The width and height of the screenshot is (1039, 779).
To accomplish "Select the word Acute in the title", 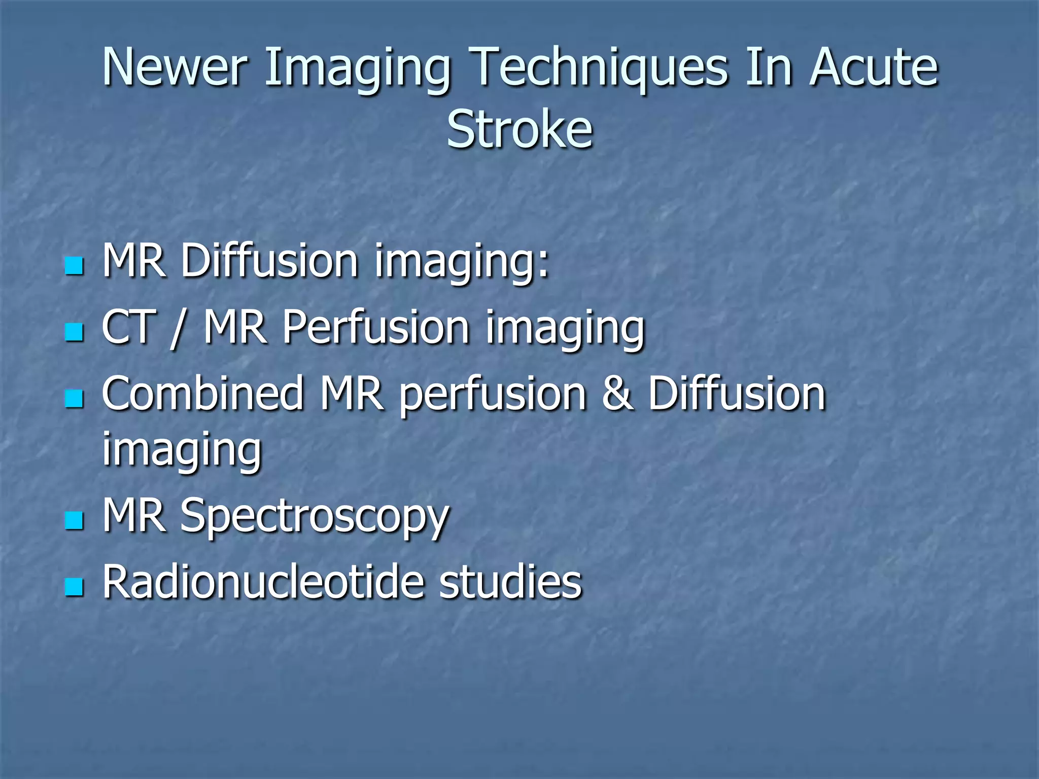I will pos(874,67).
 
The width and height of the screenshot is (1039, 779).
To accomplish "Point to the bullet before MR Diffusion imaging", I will pos(74,265).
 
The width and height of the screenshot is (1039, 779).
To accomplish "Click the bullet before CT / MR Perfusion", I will pos(74,332).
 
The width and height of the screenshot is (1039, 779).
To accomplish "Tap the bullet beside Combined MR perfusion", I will pos(74,399).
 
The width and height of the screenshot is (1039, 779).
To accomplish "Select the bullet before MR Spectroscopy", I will pos(74,520).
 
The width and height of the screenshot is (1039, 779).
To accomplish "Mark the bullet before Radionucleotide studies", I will pos(74,587).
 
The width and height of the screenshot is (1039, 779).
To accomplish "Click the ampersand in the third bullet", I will pos(617,395).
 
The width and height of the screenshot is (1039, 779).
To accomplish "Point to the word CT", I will pos(128,328).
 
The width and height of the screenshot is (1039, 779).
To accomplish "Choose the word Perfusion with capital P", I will pos(375,328).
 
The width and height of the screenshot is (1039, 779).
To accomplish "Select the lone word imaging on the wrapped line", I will pos(182,450).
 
